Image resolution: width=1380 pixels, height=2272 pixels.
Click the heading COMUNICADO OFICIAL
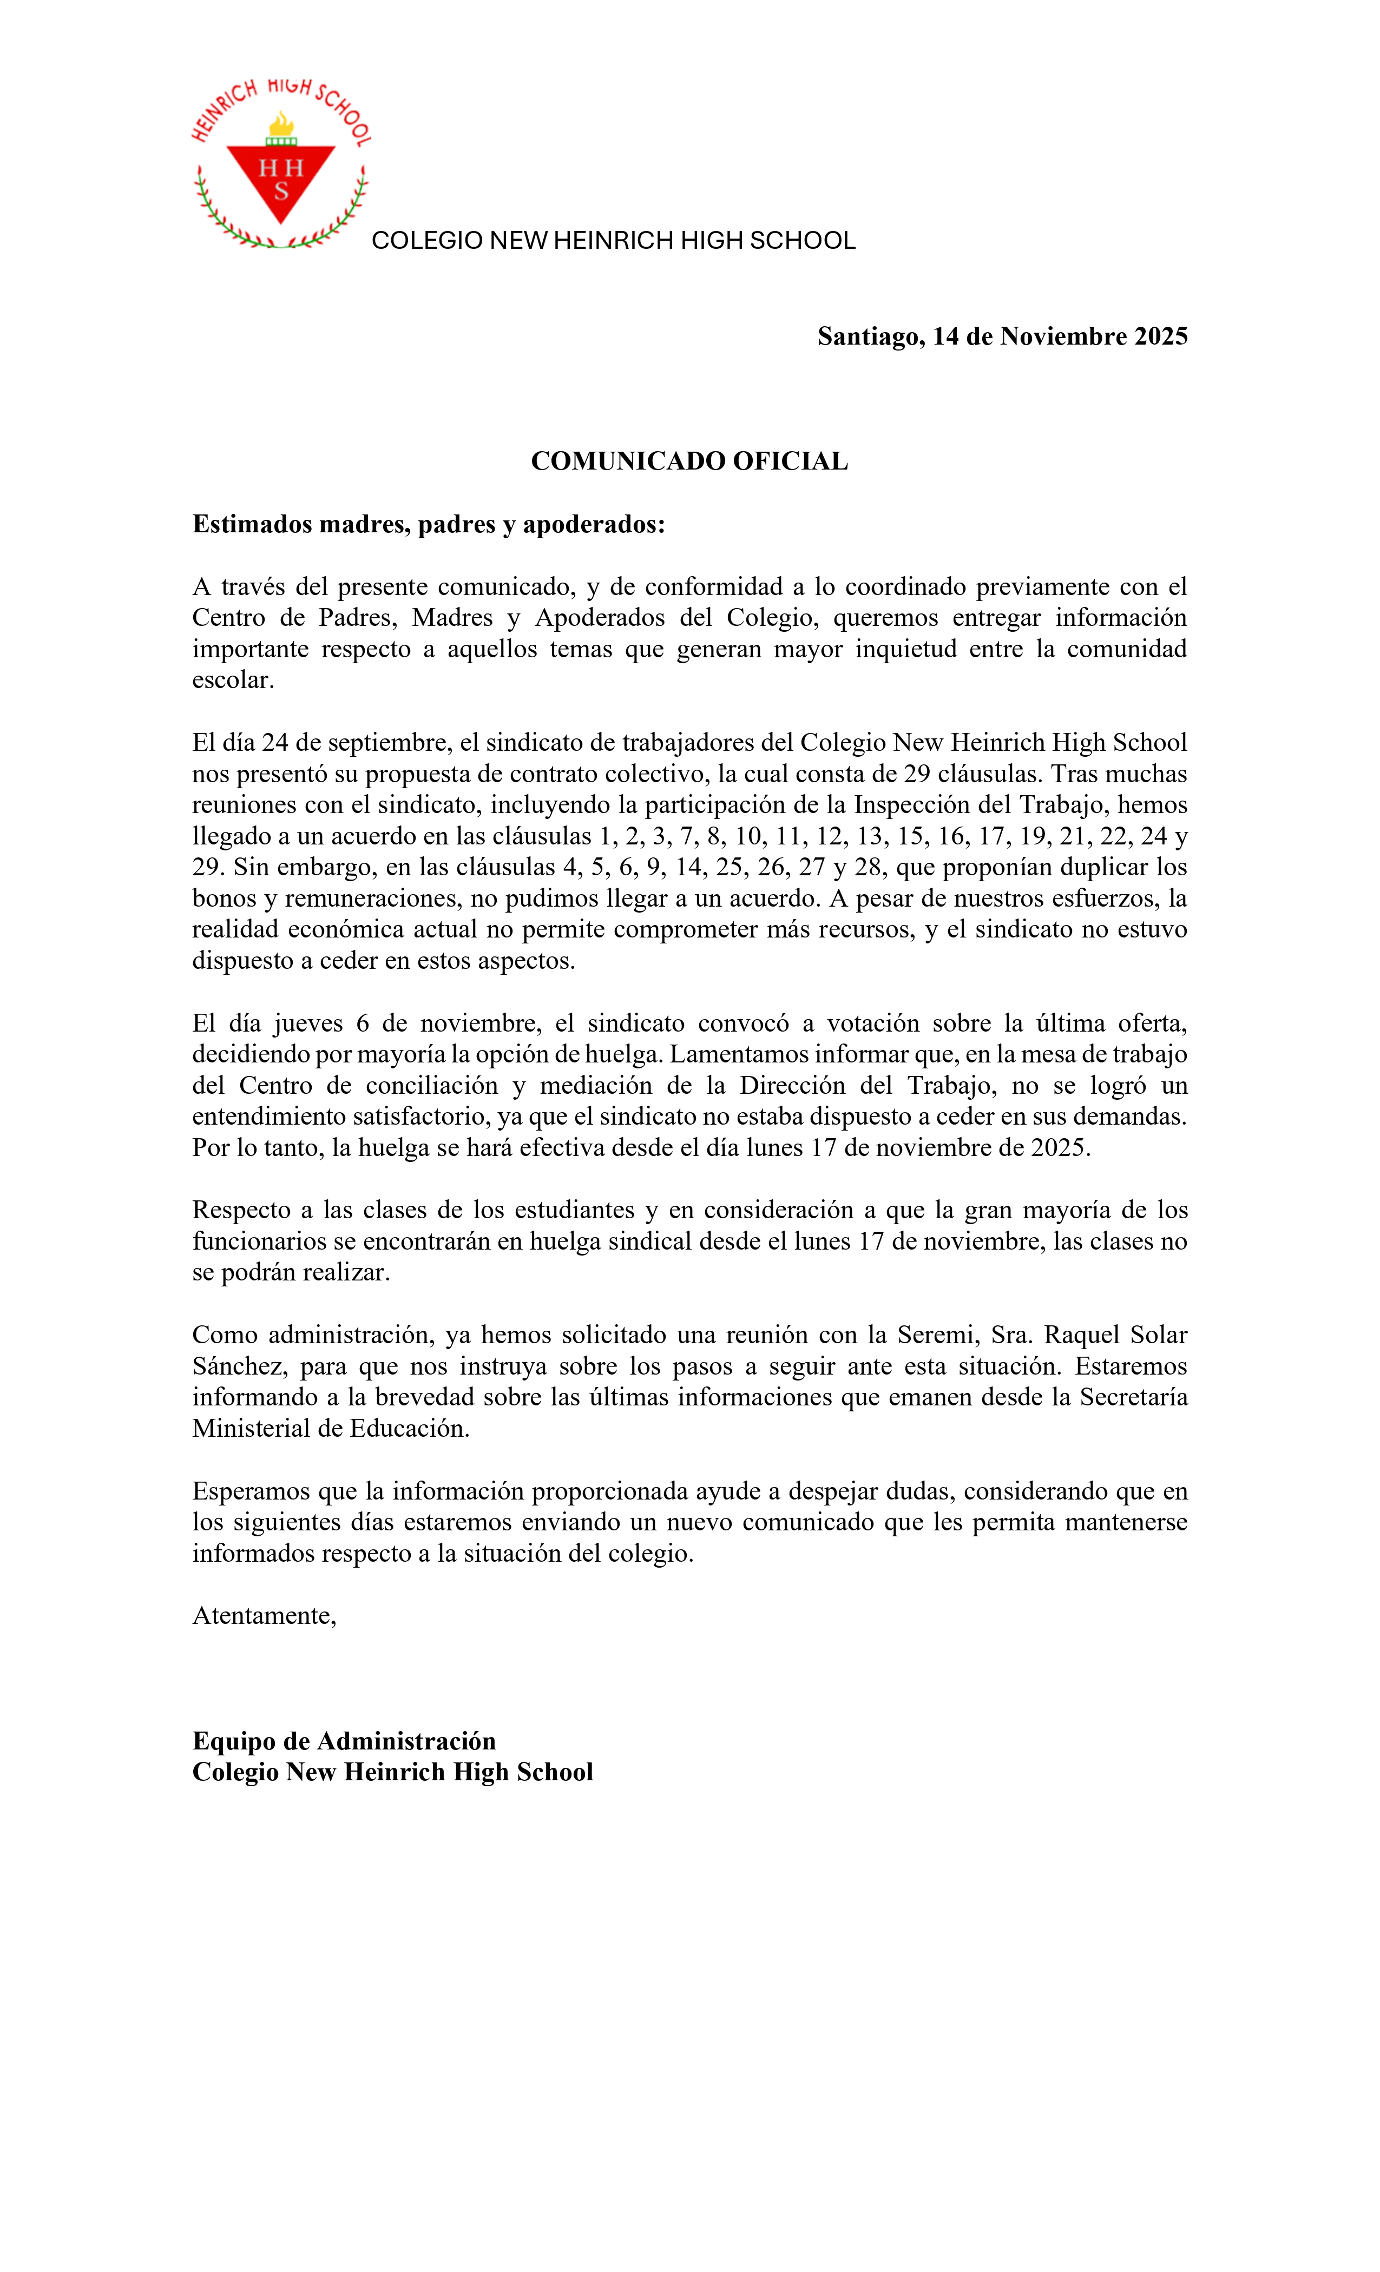point(689,461)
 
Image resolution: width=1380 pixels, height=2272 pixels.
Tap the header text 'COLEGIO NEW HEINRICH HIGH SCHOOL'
point(614,241)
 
